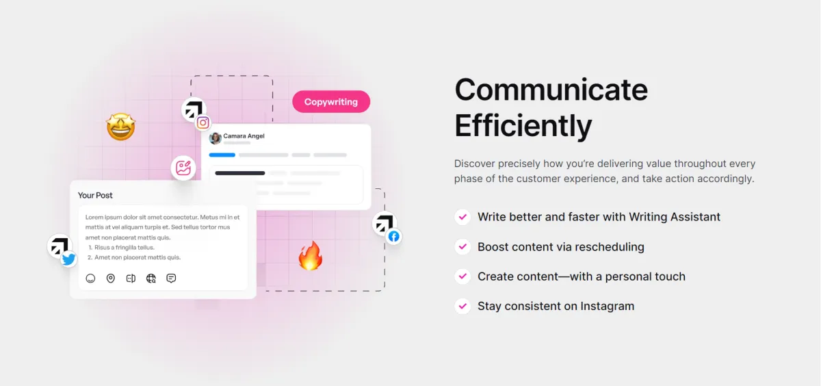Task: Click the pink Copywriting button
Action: point(331,101)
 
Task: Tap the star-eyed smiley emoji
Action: point(121,127)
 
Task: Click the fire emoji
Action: point(311,256)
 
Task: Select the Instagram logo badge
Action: point(203,123)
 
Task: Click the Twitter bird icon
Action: point(68,259)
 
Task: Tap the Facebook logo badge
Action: point(394,236)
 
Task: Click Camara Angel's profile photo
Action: point(215,138)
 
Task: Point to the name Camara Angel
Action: point(244,136)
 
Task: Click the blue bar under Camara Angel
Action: point(222,155)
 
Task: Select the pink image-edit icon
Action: point(183,168)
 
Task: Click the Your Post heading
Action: point(95,195)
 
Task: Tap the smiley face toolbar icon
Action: point(90,279)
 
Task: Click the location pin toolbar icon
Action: point(110,279)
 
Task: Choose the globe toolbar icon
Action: point(151,279)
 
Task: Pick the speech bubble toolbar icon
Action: point(171,279)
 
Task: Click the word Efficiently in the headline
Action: point(523,126)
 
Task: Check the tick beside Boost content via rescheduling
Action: point(462,246)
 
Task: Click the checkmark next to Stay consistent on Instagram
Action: point(462,306)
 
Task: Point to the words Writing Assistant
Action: point(675,217)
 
